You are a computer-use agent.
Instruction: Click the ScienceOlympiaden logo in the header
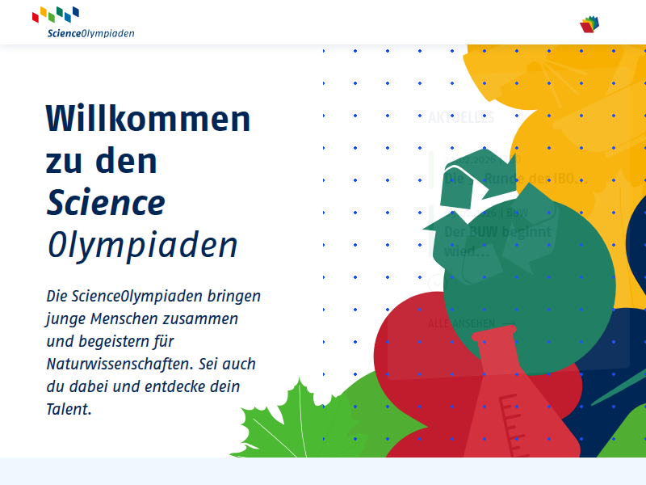[x=83, y=23]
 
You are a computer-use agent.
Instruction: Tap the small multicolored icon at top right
[x=592, y=24]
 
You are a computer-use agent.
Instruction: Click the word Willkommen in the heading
[x=149, y=119]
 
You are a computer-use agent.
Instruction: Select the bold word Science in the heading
[x=106, y=202]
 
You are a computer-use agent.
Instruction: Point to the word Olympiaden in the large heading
[x=142, y=244]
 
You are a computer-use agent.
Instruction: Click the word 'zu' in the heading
[x=65, y=161]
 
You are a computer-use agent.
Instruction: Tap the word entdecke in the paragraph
[x=178, y=386]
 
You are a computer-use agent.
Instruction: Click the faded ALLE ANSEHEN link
[x=461, y=323]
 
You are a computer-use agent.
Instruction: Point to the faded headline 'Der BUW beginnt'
[x=497, y=233]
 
